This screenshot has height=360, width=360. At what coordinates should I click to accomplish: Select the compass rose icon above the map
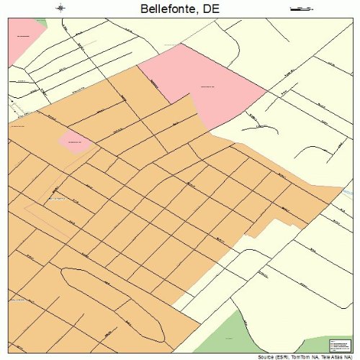click(60, 9)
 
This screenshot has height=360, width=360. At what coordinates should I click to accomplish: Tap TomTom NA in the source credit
click(307, 356)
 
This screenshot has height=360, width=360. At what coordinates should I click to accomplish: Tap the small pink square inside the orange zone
click(75, 140)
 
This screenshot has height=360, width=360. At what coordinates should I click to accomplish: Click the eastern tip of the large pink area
click(265, 91)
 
